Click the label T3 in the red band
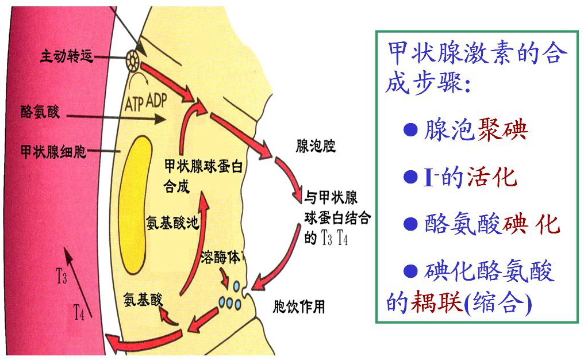pyautogui.click(x=62, y=278)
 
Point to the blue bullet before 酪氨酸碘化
pyautogui.click(x=410, y=224)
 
